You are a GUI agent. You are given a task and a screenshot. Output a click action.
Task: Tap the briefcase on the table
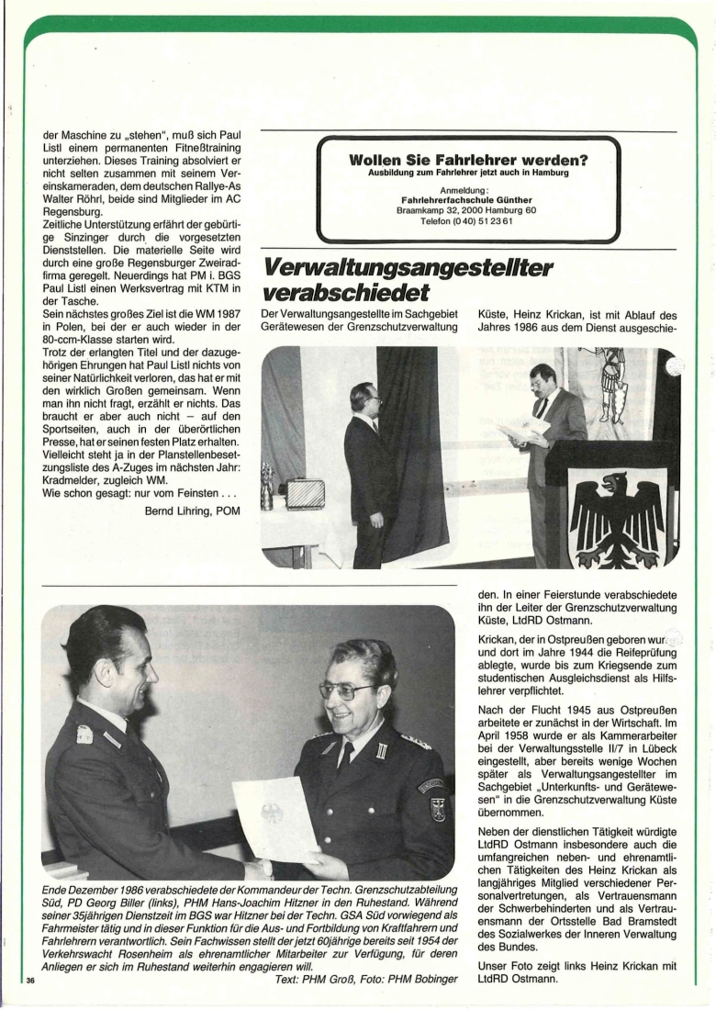click(303, 494)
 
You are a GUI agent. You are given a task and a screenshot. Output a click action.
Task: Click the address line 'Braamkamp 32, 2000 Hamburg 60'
click(468, 210)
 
